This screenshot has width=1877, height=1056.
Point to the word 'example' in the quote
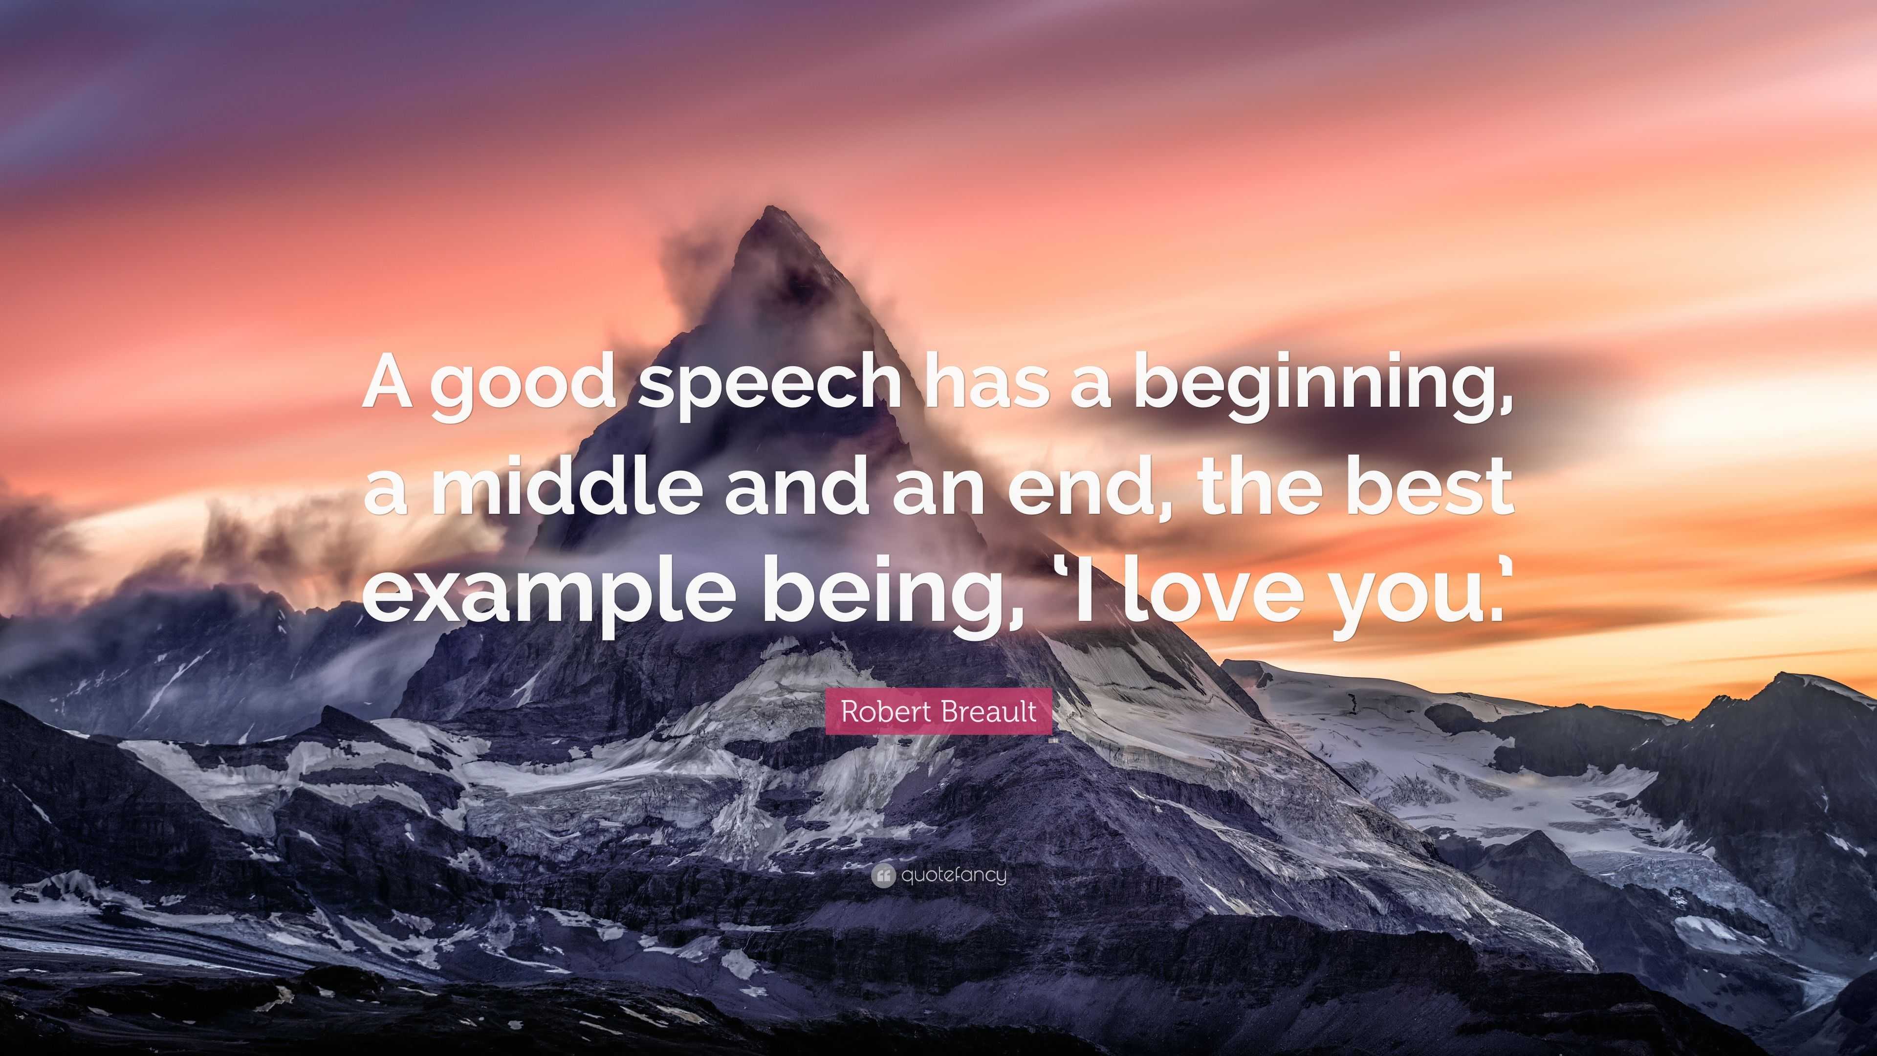(x=546, y=593)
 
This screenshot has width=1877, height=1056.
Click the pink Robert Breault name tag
(x=938, y=710)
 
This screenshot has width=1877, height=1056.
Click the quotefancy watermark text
(x=953, y=875)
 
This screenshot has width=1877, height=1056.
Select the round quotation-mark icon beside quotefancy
(x=883, y=875)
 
